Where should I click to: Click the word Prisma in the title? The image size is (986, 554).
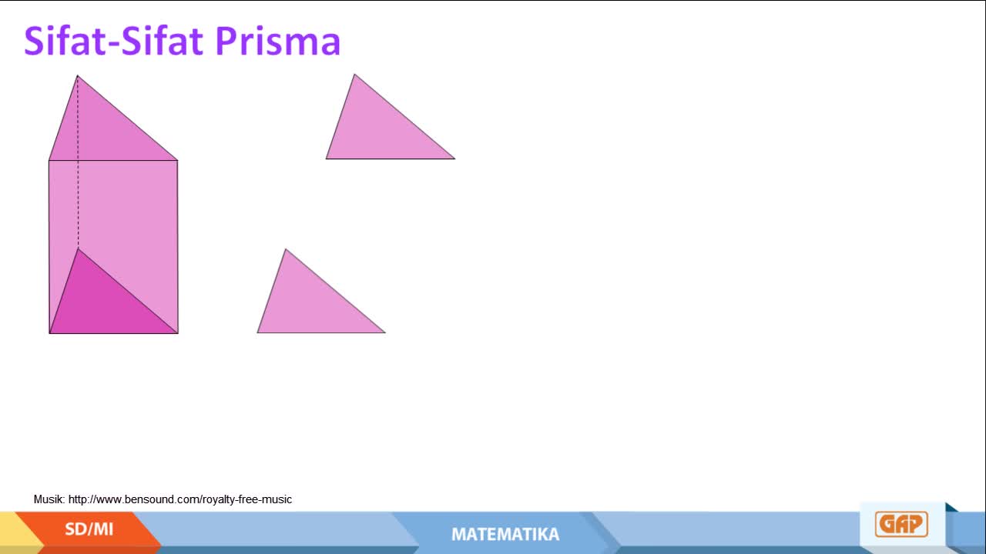278,41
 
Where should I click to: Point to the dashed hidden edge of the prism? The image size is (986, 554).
78,162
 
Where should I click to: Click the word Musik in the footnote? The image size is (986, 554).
49,499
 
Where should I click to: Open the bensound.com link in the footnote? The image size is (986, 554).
180,499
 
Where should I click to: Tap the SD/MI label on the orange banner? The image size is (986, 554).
89,529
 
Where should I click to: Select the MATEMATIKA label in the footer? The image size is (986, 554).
505,534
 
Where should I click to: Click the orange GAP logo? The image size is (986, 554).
901,524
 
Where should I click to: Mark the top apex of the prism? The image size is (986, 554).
78,75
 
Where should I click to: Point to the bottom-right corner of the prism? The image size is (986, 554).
178,333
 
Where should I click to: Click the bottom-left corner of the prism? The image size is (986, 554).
49,333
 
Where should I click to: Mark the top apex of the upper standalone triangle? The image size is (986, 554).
354,74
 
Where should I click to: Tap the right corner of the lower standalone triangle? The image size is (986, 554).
386,333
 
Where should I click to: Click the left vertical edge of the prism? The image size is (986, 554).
49,247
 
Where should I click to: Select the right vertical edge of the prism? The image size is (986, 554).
178,247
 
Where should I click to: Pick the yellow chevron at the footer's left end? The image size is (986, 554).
21,532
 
